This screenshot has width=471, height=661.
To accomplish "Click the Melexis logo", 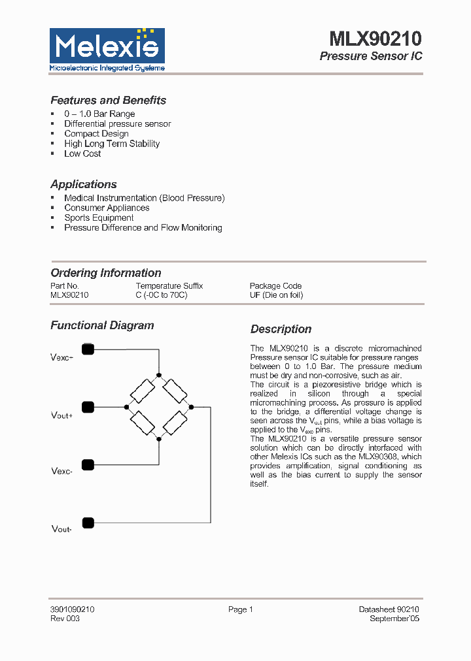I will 107,50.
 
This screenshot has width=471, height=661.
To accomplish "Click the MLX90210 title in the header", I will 375,39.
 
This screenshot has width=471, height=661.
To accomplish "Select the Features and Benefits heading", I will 108,101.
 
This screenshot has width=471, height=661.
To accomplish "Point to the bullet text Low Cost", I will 82,153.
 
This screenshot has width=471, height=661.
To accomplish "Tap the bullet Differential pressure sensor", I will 117,123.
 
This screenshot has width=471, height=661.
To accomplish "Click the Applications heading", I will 84,184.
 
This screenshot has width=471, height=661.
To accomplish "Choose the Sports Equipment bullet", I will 99,218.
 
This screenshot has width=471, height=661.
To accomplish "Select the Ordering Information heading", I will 105,273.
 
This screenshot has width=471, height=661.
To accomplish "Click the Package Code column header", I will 275,286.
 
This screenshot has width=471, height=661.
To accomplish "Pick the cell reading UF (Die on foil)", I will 276,295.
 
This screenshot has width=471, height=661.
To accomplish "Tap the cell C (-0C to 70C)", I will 161,295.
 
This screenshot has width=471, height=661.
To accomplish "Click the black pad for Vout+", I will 88,407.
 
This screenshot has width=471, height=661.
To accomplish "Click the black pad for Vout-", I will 88,523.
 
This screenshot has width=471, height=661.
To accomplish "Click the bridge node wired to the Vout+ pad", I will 126,407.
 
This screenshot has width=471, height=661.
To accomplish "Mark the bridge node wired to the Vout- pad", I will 191,407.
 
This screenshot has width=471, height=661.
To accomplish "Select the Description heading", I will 281,329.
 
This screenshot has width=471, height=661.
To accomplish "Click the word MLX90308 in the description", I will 382,457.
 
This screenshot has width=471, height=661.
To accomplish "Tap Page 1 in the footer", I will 240,609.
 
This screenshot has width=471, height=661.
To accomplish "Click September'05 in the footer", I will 394,619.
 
